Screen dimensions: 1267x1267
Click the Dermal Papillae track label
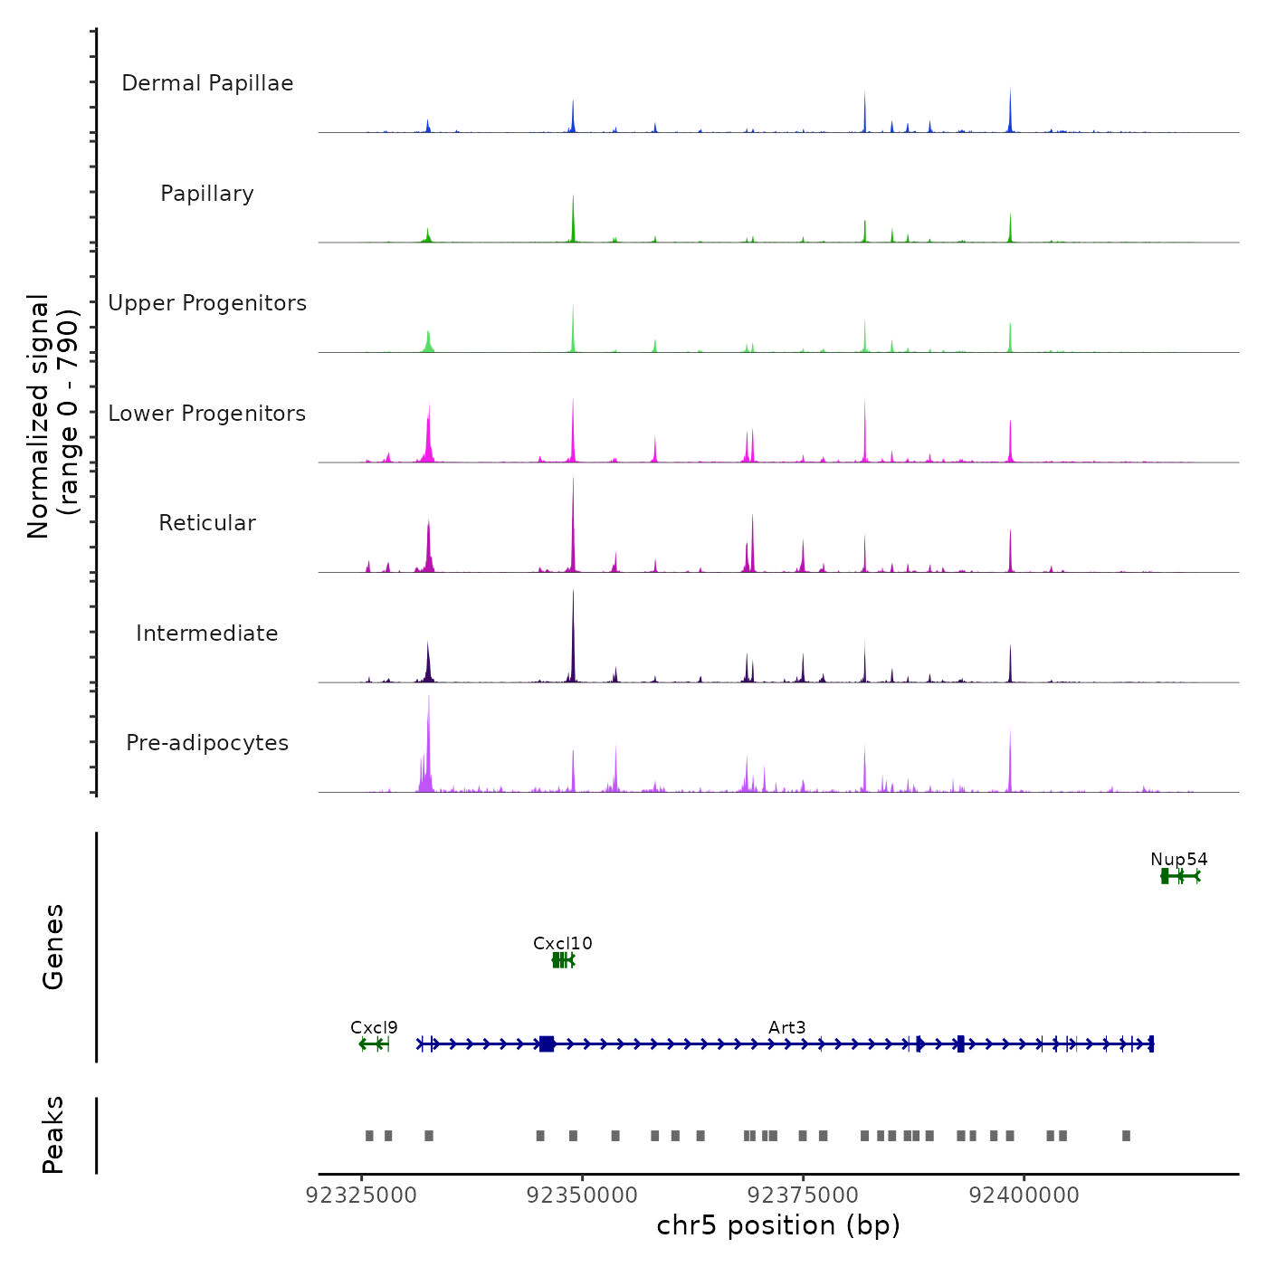click(x=207, y=83)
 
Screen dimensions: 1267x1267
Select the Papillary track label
click(x=207, y=194)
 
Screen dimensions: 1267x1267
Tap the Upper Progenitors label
click(x=207, y=303)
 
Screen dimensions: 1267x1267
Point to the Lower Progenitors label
click(x=207, y=414)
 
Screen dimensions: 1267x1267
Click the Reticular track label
click(x=207, y=523)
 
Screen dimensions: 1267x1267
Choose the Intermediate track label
click(x=207, y=633)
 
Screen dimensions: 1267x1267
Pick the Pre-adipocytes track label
click(x=207, y=743)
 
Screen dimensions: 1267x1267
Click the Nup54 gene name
click(x=1178, y=860)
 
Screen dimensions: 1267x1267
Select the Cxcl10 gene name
click(x=562, y=944)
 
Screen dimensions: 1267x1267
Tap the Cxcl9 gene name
click(x=374, y=1028)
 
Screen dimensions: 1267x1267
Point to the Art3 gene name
click(x=786, y=1028)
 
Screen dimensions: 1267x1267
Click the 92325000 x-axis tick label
click(x=361, y=1196)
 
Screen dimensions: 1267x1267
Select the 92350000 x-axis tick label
click(x=582, y=1196)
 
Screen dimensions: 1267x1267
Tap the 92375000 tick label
click(x=803, y=1196)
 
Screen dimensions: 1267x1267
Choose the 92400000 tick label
click(x=1024, y=1196)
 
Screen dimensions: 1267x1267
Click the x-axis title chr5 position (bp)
click(x=778, y=1226)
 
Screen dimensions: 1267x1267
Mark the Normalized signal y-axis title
click(x=52, y=416)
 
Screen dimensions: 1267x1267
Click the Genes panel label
click(x=53, y=947)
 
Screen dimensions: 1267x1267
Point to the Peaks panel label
click(x=53, y=1135)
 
